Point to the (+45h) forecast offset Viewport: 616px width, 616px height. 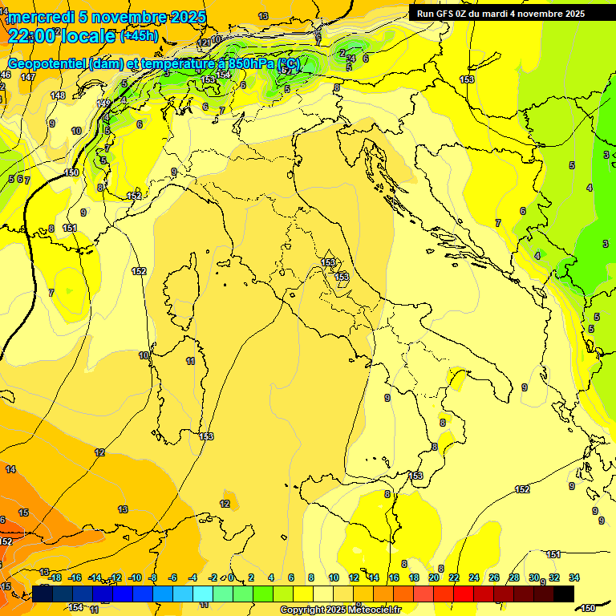point(138,36)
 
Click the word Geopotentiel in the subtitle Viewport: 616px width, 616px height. point(47,64)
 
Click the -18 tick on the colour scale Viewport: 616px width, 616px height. point(55,577)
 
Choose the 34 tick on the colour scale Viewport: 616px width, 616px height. point(573,577)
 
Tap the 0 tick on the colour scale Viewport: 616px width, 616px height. point(231,577)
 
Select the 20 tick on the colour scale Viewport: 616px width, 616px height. point(434,577)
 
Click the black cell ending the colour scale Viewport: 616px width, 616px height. point(564,594)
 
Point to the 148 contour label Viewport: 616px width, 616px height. point(58,95)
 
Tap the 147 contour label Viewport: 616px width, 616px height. point(28,77)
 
